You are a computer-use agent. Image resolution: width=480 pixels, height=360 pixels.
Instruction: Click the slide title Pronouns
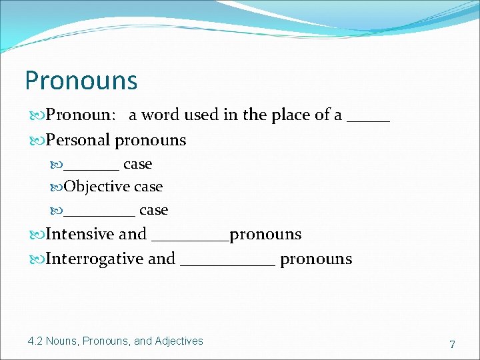pyautogui.click(x=81, y=81)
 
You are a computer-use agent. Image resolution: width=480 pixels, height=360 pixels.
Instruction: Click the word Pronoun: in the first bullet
pyautogui.click(x=79, y=115)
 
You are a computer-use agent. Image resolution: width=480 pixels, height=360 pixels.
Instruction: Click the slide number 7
pyautogui.click(x=452, y=345)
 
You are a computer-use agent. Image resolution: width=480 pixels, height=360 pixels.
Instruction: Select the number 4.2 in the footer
pyautogui.click(x=35, y=341)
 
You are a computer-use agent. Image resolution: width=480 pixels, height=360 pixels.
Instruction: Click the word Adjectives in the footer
pyautogui.click(x=179, y=341)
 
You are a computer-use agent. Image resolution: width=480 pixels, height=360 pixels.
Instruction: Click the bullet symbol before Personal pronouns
pyautogui.click(x=38, y=141)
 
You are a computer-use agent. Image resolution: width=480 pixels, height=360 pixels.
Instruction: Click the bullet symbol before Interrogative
pyautogui.click(x=38, y=259)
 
